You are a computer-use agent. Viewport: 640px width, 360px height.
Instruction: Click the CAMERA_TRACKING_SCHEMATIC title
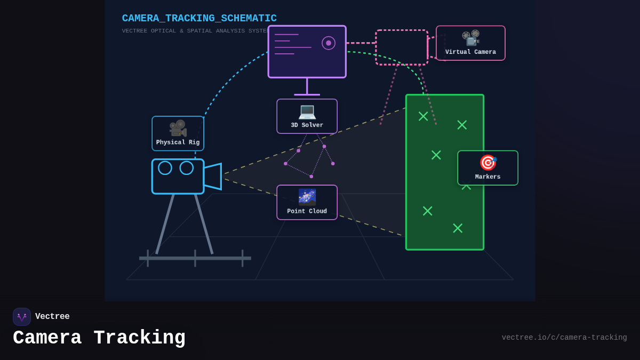(199, 18)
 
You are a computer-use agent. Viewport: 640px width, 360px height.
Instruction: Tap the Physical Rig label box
(178, 133)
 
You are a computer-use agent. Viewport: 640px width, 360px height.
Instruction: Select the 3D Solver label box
(307, 116)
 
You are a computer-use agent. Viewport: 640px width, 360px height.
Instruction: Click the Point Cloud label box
(307, 203)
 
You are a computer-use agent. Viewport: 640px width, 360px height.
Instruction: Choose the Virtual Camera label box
(470, 43)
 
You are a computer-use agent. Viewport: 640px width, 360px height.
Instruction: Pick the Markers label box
(487, 168)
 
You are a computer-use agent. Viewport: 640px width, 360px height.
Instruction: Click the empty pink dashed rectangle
(402, 47)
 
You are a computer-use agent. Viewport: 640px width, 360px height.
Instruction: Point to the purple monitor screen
(307, 52)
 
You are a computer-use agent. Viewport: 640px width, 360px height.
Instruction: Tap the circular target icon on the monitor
(329, 43)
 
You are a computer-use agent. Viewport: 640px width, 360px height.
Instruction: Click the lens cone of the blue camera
(213, 177)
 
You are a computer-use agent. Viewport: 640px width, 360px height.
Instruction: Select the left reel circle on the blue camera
(165, 168)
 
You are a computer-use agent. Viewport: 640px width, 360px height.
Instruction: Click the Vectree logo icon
(22, 317)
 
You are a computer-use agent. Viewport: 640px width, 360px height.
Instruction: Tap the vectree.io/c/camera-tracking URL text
(564, 338)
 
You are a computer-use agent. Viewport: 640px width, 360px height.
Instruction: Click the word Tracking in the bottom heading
(139, 338)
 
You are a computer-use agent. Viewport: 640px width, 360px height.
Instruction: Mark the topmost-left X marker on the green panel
(423, 116)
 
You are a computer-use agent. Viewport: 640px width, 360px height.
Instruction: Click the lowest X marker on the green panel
(458, 228)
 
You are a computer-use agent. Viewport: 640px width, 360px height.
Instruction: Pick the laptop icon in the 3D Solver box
(307, 111)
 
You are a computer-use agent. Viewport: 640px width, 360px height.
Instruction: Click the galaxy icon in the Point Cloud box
(307, 197)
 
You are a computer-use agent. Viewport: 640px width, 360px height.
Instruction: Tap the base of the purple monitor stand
(307, 94)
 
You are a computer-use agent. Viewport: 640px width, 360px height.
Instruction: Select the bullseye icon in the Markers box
(487, 163)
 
